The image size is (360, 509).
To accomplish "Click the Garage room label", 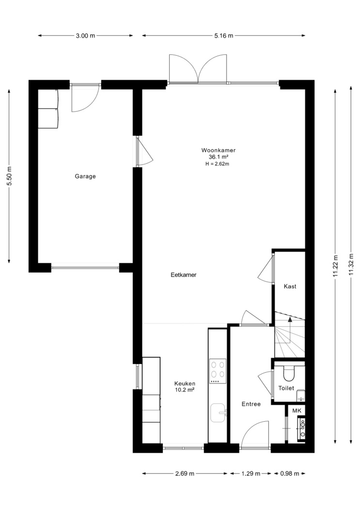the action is pos(85,176).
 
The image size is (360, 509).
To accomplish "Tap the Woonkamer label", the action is pos(218,150).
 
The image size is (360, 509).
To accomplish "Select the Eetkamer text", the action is pos(184,275).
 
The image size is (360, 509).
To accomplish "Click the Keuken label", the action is pos(185,383).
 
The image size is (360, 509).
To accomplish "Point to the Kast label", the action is pos(290,286).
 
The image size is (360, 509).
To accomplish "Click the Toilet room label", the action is pos(286,388).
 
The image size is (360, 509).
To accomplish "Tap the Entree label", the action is pos(251,404).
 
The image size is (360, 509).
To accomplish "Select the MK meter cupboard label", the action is pos(297,411).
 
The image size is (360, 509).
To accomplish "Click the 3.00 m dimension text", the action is pos(86,36).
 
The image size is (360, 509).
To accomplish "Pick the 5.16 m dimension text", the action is pos(224,36).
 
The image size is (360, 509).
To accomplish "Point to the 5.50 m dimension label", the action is pos(9,176).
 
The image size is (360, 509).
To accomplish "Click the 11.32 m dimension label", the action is pos(351,265).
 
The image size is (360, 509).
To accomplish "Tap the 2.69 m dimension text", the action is pos(185,474).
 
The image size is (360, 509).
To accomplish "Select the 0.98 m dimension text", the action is pos(290,474).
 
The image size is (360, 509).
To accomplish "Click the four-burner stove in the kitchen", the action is pos(218,371).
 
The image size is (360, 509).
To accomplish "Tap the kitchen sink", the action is pos(219,413).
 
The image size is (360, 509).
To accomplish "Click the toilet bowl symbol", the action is pos(288,373).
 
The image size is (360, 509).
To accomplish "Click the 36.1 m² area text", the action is pos(219,157).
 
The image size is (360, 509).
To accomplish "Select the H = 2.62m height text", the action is pos(217,164).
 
